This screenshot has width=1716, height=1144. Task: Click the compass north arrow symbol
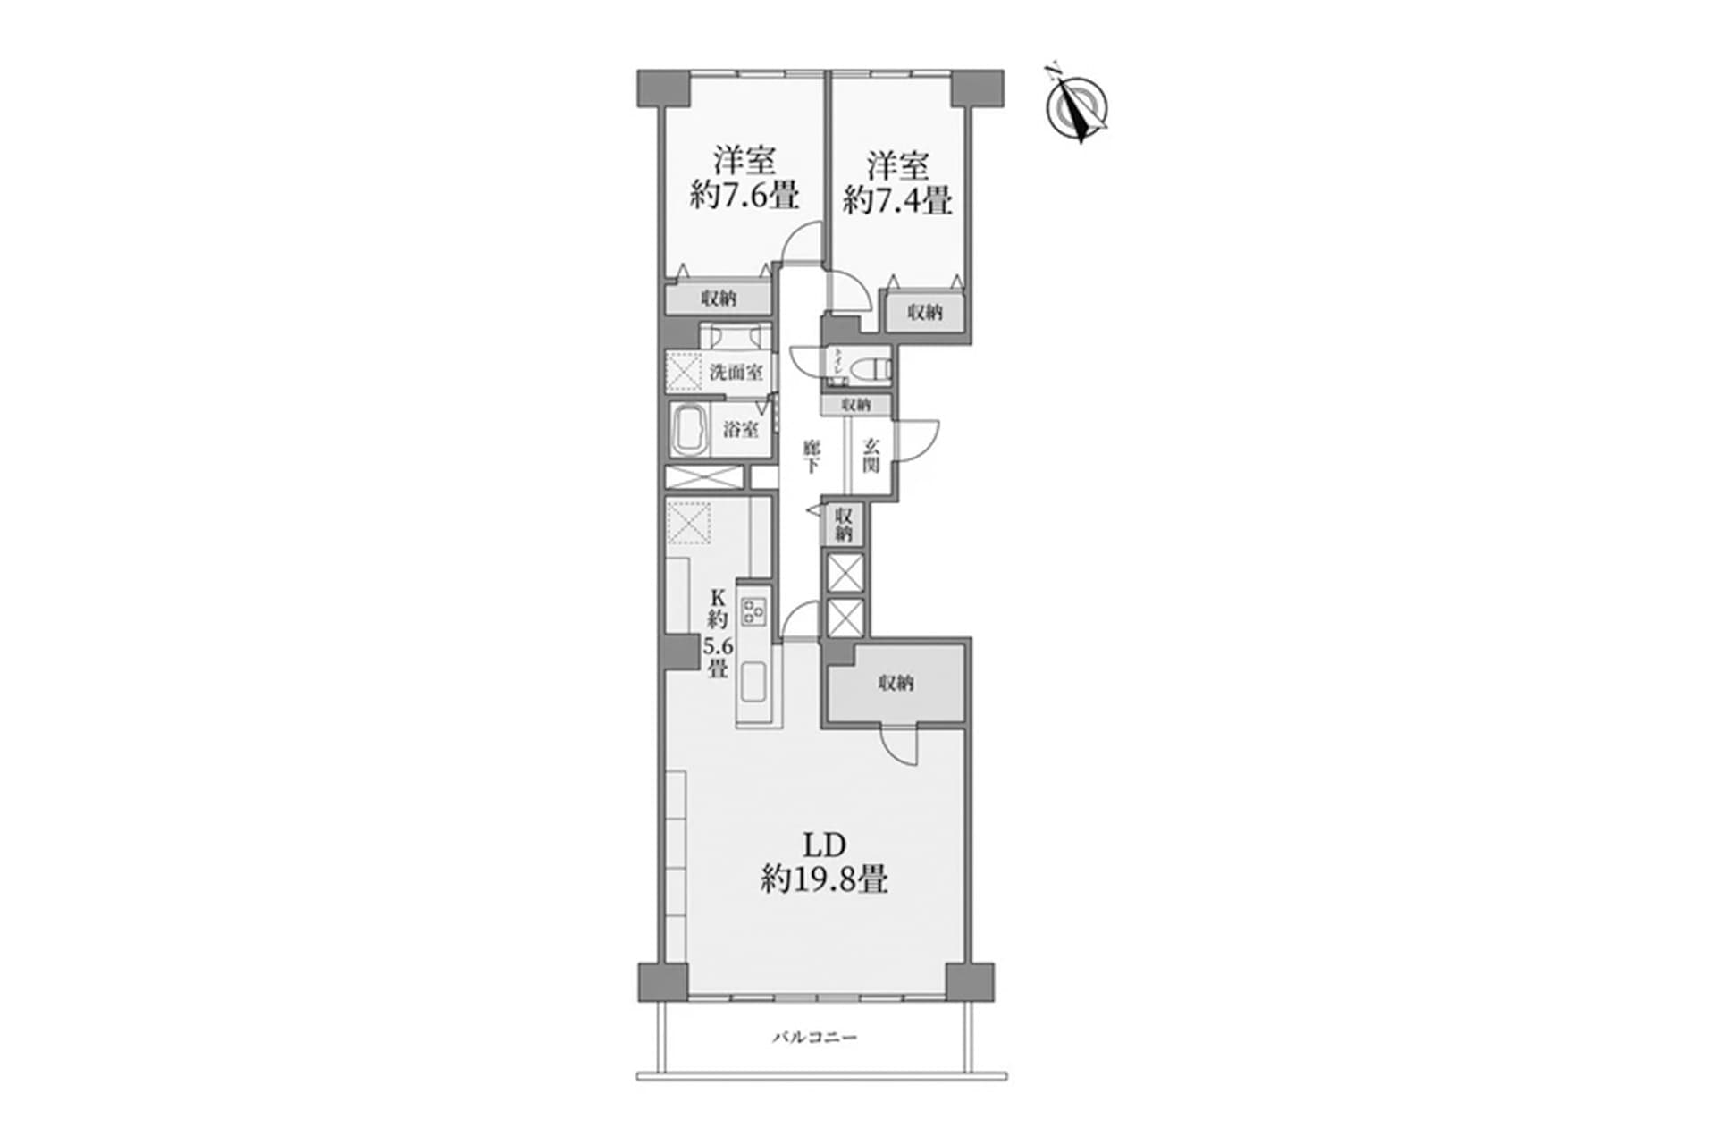[x=1077, y=108]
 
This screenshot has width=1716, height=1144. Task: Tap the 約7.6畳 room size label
[x=744, y=196]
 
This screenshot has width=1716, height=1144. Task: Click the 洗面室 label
[x=736, y=372]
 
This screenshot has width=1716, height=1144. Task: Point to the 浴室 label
[x=741, y=430]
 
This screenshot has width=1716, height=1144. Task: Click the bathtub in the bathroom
[x=690, y=430]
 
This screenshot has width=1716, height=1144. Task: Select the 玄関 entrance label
[x=871, y=456]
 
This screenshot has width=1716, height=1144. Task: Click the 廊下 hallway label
[x=811, y=456]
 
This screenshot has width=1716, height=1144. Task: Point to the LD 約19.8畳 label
[x=824, y=863]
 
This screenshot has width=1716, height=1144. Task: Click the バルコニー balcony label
[x=814, y=1038]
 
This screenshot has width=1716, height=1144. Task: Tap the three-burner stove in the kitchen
[x=753, y=611]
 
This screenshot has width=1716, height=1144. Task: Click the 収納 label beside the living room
[x=896, y=684]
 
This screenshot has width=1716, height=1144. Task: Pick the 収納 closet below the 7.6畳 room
[x=719, y=299]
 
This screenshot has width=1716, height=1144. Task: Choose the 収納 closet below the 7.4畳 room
[x=925, y=312]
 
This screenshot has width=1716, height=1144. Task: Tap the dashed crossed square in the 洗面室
[x=685, y=371]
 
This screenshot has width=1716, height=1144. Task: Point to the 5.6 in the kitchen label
[x=718, y=646]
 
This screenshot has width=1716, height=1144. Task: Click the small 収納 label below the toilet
[x=856, y=405]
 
